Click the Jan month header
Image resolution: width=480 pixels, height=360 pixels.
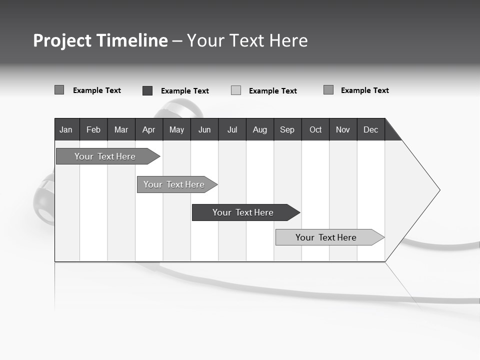66,129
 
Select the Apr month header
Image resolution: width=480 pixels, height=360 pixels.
149,129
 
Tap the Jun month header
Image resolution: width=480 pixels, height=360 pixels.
204,129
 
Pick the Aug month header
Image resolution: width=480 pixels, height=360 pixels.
260,129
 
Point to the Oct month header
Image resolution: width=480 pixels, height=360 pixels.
315,129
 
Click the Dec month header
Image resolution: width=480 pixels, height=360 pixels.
371,129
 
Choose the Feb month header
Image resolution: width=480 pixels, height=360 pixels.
93,129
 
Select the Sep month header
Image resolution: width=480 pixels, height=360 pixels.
287,129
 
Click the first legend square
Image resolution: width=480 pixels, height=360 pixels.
59,90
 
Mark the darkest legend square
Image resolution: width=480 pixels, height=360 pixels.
147,90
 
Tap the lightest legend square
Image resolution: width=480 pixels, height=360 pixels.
236,90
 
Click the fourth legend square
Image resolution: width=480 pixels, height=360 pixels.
328,90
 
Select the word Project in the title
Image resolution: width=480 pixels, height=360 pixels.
62,40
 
